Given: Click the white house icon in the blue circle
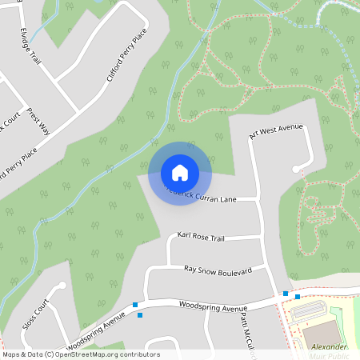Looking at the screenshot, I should pos(180,172).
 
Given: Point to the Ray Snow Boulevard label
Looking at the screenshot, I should pos(218,270).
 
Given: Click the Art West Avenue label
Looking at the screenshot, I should pos(276,132).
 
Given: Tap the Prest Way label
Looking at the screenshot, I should pos(38,120).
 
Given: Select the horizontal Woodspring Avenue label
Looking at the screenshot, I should pos(214,306).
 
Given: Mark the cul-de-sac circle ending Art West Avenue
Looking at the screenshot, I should pos(297,169).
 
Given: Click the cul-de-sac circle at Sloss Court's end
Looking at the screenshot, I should pos(62,285).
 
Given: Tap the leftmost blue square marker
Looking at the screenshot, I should pos(135,305).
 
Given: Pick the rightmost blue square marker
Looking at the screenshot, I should pos(298,297).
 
